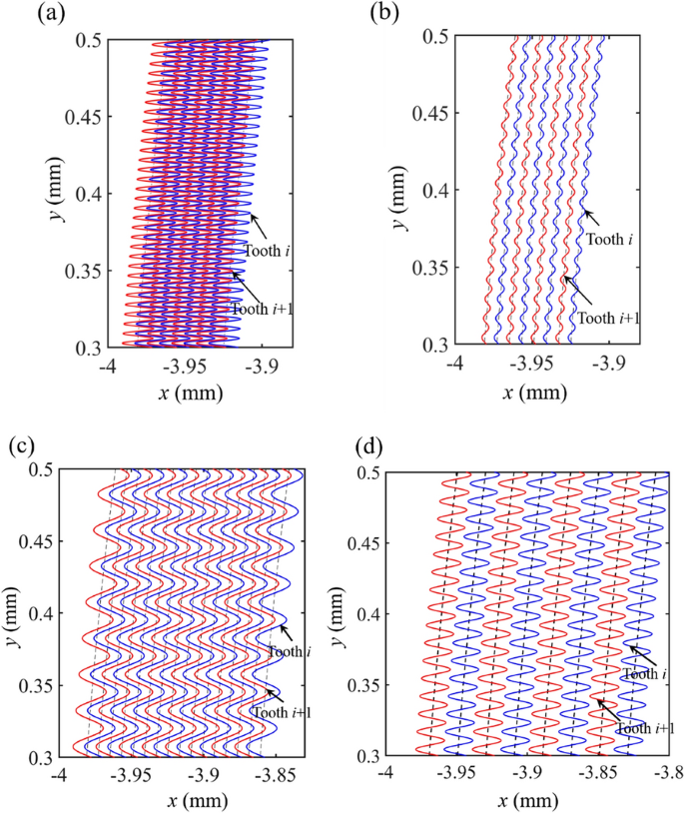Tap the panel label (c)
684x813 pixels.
(20, 445)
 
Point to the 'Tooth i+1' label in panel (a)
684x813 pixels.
(262, 308)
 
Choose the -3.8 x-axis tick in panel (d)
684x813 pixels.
(667, 775)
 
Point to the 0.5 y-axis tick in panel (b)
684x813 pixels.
(434, 38)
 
